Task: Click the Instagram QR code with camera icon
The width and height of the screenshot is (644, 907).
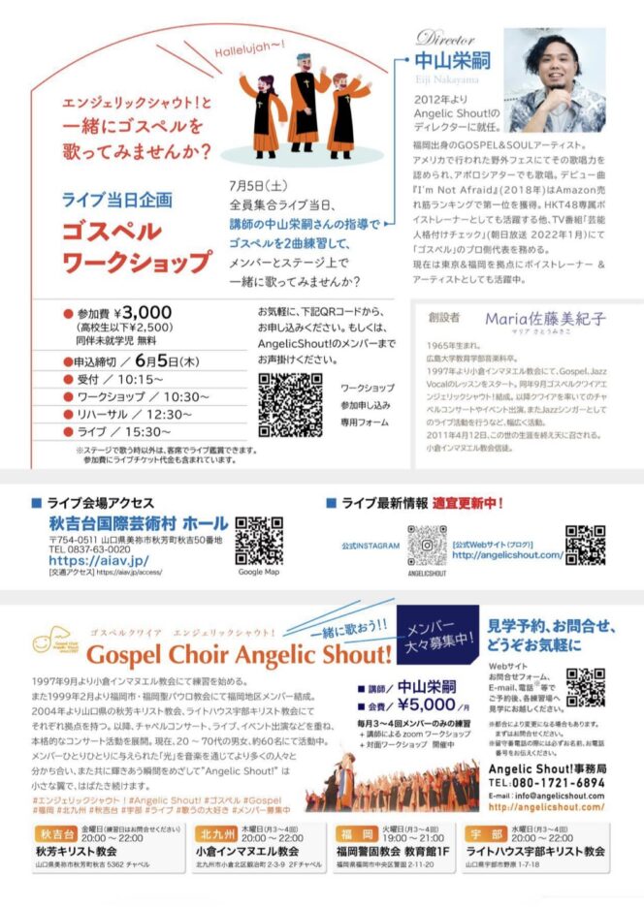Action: point(427,546)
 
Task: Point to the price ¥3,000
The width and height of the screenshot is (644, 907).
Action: point(142,312)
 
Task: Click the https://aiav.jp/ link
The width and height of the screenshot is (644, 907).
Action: point(98,560)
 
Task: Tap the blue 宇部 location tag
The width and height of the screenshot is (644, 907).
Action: point(483,835)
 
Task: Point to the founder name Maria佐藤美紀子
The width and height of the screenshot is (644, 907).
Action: point(545,318)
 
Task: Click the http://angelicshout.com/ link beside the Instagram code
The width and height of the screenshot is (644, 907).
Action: point(507,555)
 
